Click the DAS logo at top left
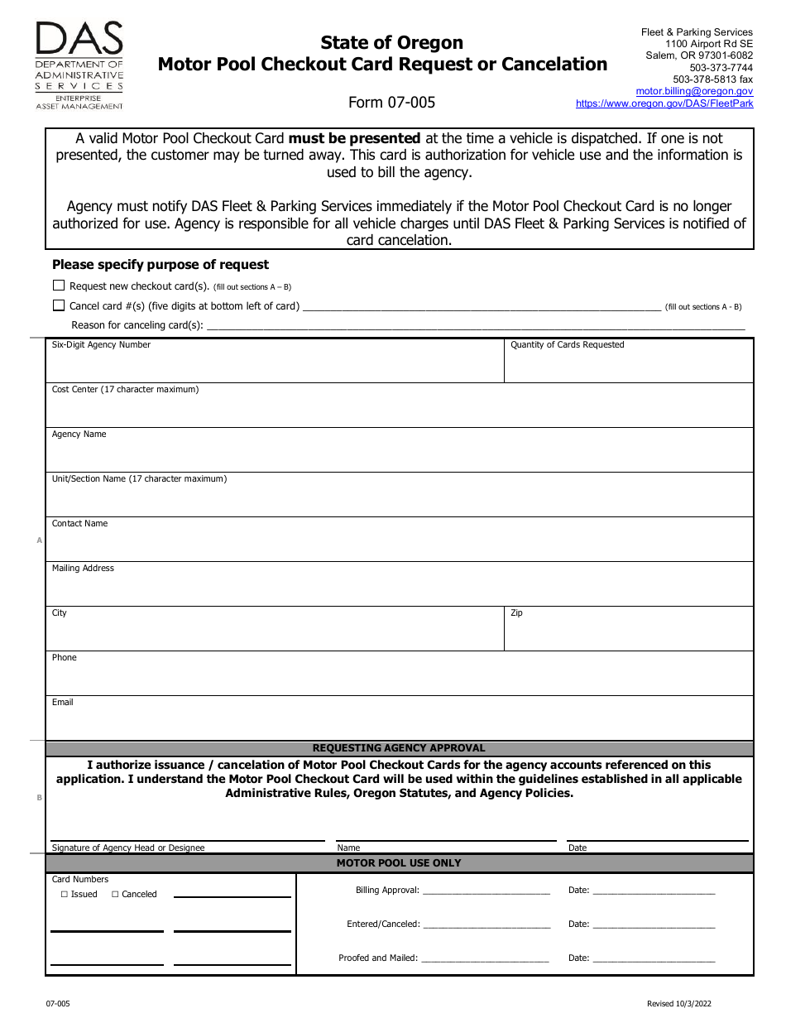pos(79,65)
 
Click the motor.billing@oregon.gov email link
pos(694,91)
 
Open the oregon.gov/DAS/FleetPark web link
pos(664,103)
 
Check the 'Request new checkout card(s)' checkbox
pos(59,286)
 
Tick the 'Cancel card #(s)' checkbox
pos(59,305)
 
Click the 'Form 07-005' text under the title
pos(391,103)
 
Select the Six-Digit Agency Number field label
pos(101,345)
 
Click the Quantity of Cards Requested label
pos(567,345)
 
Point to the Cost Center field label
pos(125,390)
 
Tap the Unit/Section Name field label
pos(139,479)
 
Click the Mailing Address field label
pos(83,569)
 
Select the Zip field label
pos(516,613)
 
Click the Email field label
pos(63,703)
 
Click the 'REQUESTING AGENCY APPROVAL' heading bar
pos(399,748)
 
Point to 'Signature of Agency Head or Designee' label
pos(128,848)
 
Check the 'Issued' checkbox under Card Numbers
pos(65,895)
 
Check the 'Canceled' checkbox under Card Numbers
pos(115,895)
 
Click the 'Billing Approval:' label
pos(387,891)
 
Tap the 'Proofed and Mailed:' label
pos(378,958)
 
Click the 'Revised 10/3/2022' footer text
pos(678,1004)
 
